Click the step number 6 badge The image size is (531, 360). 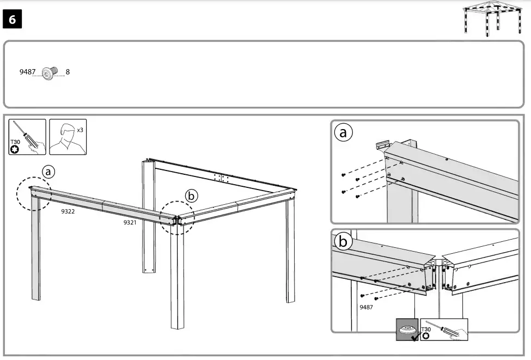[13, 20]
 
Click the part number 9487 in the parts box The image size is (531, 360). [27, 72]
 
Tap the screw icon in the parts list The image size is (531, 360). [50, 73]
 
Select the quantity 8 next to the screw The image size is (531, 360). [68, 72]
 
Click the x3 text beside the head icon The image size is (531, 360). [80, 131]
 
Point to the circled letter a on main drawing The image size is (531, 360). [49, 172]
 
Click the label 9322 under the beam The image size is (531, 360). [68, 211]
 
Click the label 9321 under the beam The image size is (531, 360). [130, 223]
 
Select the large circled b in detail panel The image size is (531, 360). [343, 242]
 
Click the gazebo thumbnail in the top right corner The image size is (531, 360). [492, 19]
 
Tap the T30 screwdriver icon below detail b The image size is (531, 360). [443, 330]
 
